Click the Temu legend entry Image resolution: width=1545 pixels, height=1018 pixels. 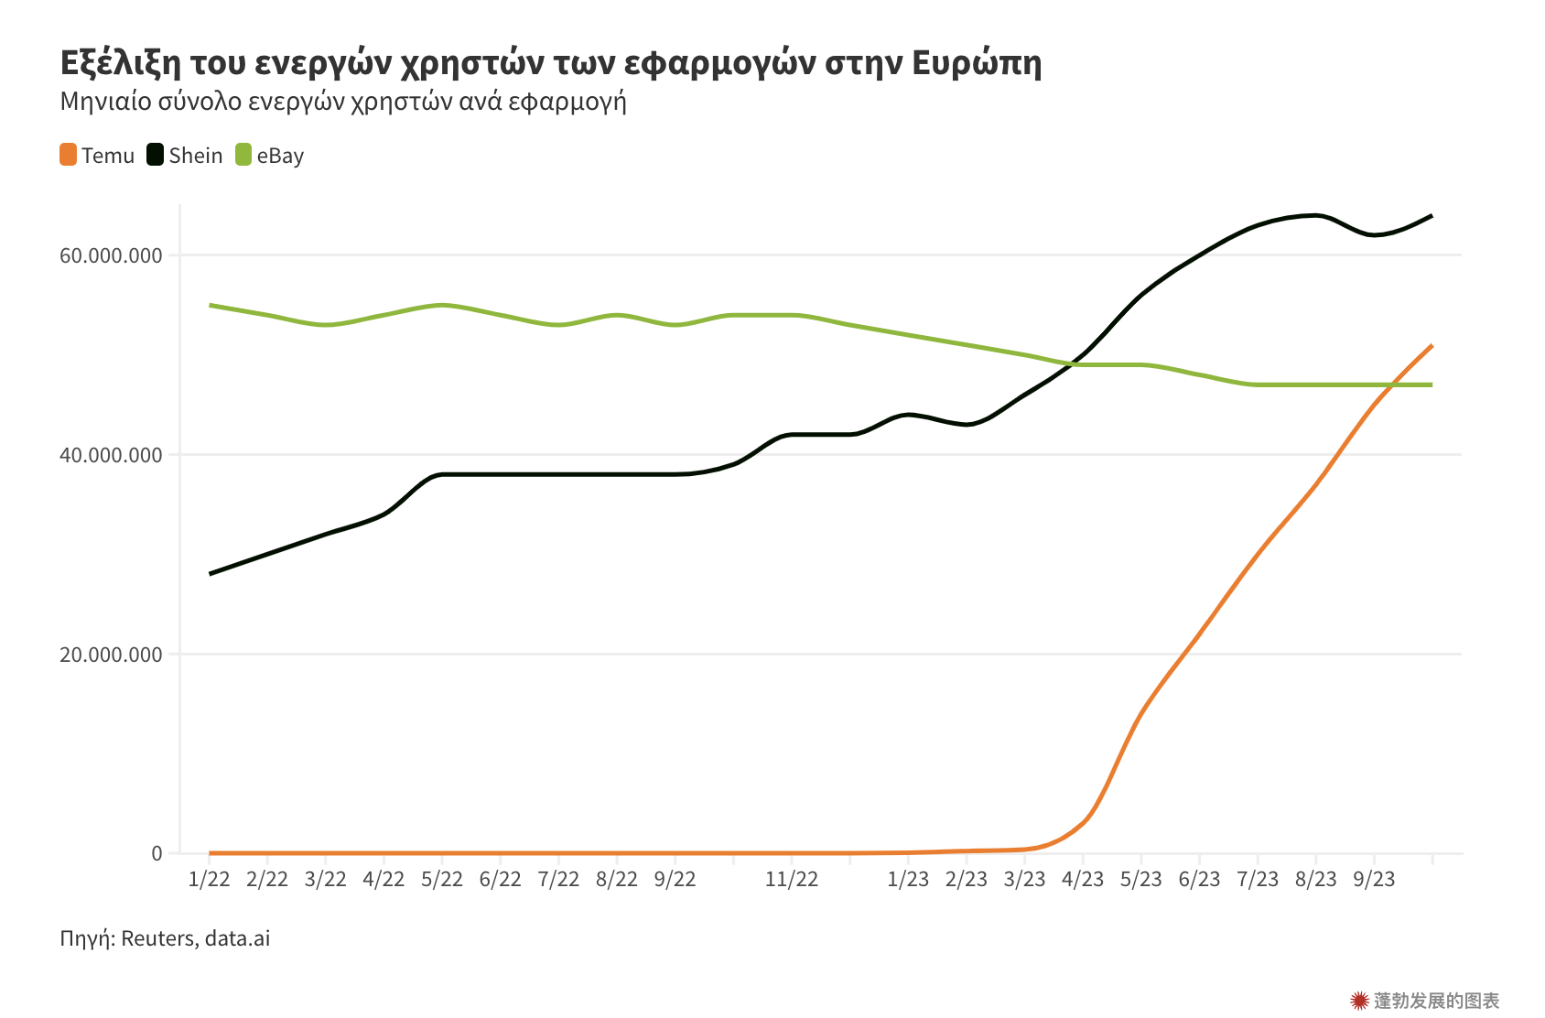click(x=97, y=156)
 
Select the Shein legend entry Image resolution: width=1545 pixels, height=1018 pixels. click(x=185, y=156)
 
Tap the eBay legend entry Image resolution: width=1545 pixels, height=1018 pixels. click(x=270, y=156)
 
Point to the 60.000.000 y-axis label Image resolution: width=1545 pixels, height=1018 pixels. click(x=111, y=255)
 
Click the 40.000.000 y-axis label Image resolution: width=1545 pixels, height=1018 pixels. click(x=111, y=455)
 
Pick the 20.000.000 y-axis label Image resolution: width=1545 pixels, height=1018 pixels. click(x=111, y=655)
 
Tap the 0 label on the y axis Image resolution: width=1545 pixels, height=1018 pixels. click(x=157, y=853)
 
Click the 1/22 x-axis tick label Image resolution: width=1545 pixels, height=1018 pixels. click(x=209, y=879)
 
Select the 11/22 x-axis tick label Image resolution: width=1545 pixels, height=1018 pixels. click(x=792, y=879)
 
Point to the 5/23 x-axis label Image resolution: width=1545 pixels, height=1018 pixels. click(x=1140, y=879)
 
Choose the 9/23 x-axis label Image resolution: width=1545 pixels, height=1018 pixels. click(x=1374, y=879)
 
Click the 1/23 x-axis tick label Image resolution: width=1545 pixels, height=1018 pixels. click(x=908, y=879)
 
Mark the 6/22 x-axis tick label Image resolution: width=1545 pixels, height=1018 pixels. click(x=500, y=879)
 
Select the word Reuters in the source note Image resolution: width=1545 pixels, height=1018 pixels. click(x=157, y=938)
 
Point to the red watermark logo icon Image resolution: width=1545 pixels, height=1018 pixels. click(x=1359, y=1001)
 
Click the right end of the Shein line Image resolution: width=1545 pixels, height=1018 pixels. click(x=1432, y=216)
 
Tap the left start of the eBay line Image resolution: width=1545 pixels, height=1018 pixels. click(x=211, y=305)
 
